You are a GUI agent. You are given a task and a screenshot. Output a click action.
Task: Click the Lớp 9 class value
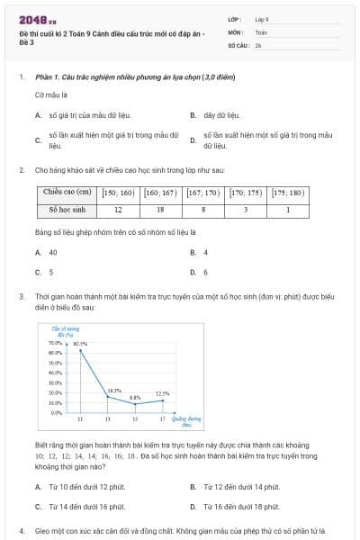tap(262, 19)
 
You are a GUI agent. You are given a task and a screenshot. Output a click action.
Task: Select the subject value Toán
tap(261, 31)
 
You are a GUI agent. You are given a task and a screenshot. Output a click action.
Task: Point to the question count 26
tap(258, 44)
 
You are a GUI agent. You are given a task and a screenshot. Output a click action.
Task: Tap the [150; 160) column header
tap(118, 193)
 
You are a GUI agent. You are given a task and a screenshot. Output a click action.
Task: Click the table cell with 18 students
tap(161, 210)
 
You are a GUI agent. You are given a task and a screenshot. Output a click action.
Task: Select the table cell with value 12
tap(118, 210)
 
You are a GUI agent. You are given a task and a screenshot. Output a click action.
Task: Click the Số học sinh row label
tap(67, 210)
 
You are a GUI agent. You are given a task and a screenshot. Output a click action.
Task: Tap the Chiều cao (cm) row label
tap(67, 193)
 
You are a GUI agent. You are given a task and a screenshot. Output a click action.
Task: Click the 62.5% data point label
tap(81, 343)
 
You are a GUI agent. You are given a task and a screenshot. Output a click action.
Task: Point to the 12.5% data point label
tap(162, 393)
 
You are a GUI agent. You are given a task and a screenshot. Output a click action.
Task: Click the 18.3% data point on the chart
tap(108, 396)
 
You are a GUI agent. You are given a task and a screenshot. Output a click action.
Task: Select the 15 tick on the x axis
tap(135, 420)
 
